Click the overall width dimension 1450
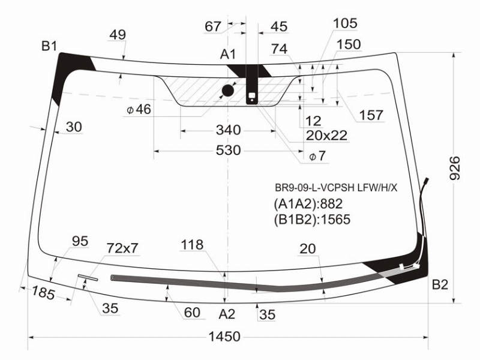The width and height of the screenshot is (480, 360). (x=224, y=337)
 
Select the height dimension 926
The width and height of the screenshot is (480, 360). (x=455, y=168)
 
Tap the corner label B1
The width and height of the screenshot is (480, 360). (x=49, y=46)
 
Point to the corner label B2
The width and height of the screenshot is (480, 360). (x=440, y=284)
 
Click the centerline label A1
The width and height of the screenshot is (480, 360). (x=228, y=54)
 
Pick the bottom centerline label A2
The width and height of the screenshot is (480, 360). (x=227, y=314)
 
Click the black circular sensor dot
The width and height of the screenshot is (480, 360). (x=228, y=91)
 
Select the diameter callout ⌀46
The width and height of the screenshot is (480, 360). (x=139, y=109)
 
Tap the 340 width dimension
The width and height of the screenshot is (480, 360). (x=229, y=130)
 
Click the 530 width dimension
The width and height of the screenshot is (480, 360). (x=229, y=151)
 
